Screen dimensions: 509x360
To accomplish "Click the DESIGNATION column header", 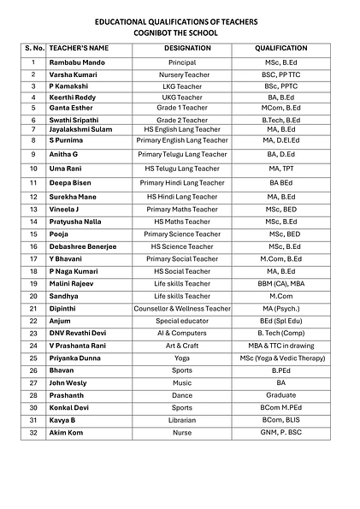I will tap(181, 49).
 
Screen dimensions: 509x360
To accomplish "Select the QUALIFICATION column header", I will tap(281, 49).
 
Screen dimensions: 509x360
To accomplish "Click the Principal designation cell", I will tap(181, 62).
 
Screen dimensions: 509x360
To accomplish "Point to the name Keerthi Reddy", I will tap(73, 98).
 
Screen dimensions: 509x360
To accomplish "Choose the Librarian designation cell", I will tap(181, 420).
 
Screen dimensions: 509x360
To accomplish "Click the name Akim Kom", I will tap(67, 434).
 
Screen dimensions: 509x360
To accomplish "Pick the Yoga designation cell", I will tap(181, 358).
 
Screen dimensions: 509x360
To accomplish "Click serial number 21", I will tap(33, 308).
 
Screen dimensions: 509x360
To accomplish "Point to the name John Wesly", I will tap(69, 383).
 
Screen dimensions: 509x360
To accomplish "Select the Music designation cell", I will tap(181, 383).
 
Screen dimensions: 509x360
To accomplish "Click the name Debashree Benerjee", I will tap(83, 246).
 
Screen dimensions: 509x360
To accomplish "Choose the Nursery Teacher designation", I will tap(181, 74).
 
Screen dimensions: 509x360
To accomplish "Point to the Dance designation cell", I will tap(181, 395).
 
